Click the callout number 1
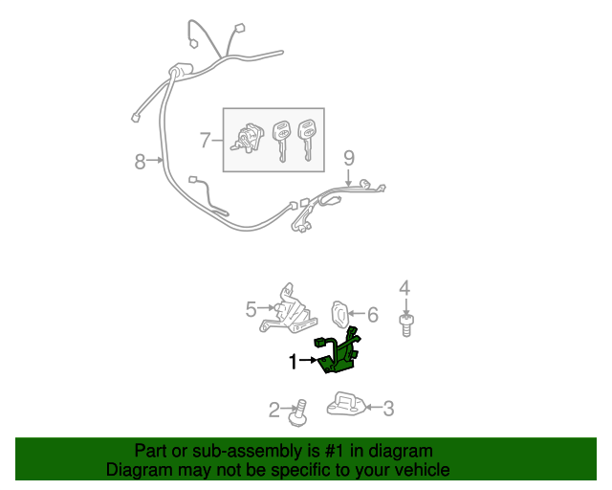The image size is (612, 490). [x=294, y=362]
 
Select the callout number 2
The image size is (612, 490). [x=274, y=410]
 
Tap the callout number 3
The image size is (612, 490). [x=389, y=409]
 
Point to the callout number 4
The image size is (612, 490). [x=404, y=288]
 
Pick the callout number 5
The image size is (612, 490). [x=251, y=309]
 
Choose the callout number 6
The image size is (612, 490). [x=373, y=315]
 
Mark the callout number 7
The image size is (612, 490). [x=206, y=140]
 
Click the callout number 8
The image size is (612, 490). [x=141, y=162]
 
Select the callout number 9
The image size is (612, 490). [x=349, y=158]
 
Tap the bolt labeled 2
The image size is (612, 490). [x=298, y=412]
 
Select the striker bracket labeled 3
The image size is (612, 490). [x=346, y=403]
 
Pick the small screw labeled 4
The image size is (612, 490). [x=406, y=325]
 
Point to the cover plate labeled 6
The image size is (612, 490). [x=339, y=315]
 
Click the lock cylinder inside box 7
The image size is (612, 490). [x=245, y=138]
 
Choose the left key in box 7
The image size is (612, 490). [x=281, y=141]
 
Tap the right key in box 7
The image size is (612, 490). [x=307, y=140]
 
